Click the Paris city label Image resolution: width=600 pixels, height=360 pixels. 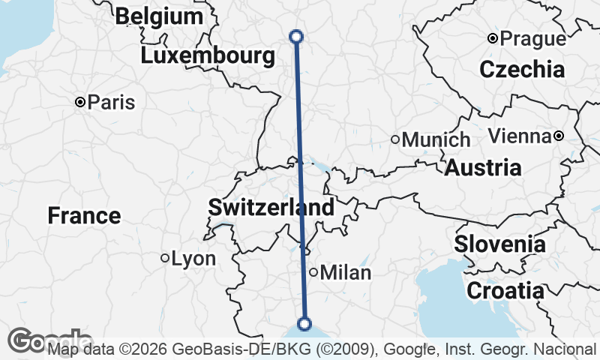tap(111, 102)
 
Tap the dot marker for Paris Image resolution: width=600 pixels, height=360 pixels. tap(79, 102)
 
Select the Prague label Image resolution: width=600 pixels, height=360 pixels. tap(532, 38)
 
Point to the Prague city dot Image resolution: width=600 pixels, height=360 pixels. tap(492, 38)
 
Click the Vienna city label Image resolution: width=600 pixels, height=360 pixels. tap(520, 136)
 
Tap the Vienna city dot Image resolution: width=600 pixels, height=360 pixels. tap(559, 136)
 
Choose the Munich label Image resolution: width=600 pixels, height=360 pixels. tap(436, 139)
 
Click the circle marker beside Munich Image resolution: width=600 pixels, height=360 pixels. tap(395, 139)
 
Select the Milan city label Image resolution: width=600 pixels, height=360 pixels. tap(346, 273)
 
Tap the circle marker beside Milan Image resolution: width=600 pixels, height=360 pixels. tap(313, 272)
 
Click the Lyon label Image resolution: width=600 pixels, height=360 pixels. tap(193, 259)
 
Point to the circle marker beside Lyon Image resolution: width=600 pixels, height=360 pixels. tap(165, 258)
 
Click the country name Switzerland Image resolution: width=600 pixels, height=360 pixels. tap(271, 208)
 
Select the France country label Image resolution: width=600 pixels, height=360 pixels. tap(84, 216)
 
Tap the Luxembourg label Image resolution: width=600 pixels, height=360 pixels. tap(208, 56)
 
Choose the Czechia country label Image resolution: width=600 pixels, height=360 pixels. tap(522, 70)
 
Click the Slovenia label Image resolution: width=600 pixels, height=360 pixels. tap(499, 244)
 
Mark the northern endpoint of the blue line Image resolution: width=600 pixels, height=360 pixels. tap(295, 36)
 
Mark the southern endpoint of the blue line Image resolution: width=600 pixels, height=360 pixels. tap(304, 323)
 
